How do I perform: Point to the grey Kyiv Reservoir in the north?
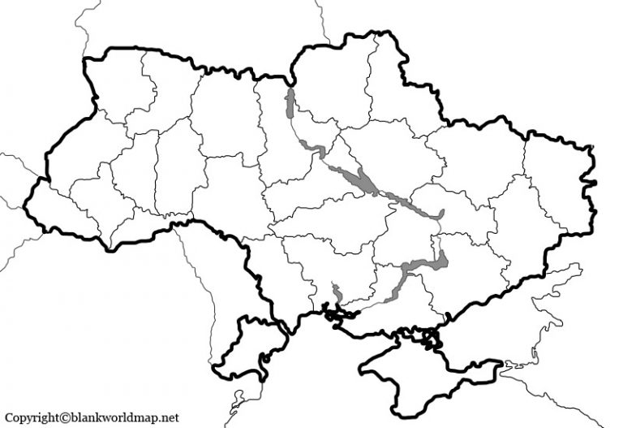[290, 106]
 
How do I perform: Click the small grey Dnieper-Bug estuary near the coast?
[337, 292]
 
